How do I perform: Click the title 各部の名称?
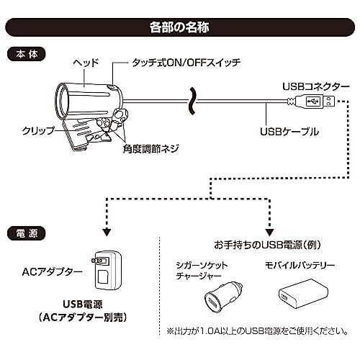[179, 27]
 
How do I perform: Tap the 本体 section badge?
[27, 55]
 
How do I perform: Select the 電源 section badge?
[27, 233]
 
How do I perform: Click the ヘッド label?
[86, 63]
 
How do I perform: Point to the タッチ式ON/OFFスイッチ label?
[186, 63]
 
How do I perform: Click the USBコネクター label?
[315, 87]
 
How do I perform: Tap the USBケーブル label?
[289, 132]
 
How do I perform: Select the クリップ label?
[38, 130]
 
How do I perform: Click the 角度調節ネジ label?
[150, 149]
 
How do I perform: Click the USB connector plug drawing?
[312, 102]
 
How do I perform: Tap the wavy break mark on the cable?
[192, 101]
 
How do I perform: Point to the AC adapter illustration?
[107, 270]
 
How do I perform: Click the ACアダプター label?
[52, 272]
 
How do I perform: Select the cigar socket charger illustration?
[223, 297]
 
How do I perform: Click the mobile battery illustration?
[303, 294]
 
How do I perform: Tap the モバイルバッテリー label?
[300, 265]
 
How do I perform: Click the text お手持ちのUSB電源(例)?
[268, 245]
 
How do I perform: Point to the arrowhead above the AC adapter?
[107, 233]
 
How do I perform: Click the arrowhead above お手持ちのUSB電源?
[270, 233]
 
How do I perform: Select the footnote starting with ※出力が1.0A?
[258, 331]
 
